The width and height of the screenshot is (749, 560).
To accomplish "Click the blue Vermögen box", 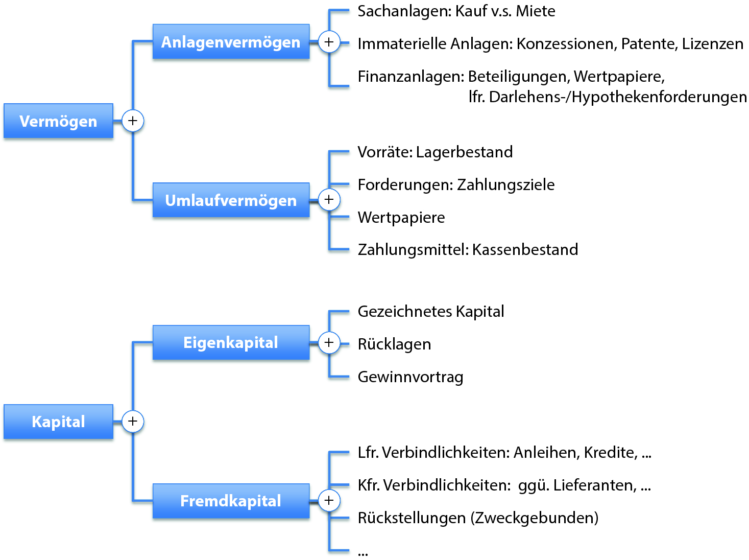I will pos(58,121).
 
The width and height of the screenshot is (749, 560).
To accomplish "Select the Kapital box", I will pos(58,422).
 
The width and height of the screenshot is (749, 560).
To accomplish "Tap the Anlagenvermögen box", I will pos(231,42).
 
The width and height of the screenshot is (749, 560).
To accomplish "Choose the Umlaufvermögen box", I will pos(231,200).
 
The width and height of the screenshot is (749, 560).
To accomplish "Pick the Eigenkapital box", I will pos(231,342).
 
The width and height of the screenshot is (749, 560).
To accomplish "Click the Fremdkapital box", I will pos(231,501).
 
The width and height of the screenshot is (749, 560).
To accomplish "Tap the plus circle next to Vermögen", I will pos(133,121).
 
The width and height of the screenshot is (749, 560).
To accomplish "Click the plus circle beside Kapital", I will pos(133,422).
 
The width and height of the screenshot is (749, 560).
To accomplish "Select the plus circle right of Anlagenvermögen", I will pos(329,42).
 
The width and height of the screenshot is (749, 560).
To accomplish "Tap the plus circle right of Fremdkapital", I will pos(329,501).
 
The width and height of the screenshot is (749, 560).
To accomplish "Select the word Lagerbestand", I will pos(464,152).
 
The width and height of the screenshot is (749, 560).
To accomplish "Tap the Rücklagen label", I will pos(394,344).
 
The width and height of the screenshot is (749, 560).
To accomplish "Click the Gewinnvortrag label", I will pos(410,377).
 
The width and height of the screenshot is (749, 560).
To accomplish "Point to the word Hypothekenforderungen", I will pos(659,97).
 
